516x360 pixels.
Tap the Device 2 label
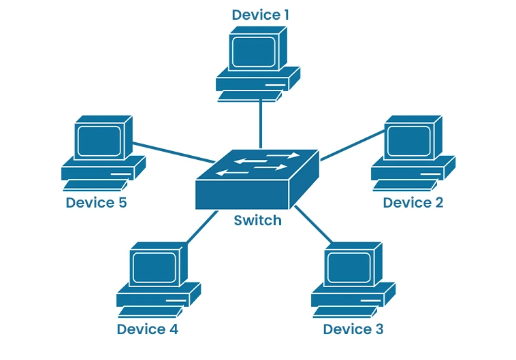413,202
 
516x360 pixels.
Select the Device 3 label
353,329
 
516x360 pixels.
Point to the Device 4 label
147,329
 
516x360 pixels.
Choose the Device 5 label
96,202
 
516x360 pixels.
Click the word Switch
257,220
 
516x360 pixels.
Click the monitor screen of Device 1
253,52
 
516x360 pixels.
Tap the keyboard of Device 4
150,312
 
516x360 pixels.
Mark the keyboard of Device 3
344,312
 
